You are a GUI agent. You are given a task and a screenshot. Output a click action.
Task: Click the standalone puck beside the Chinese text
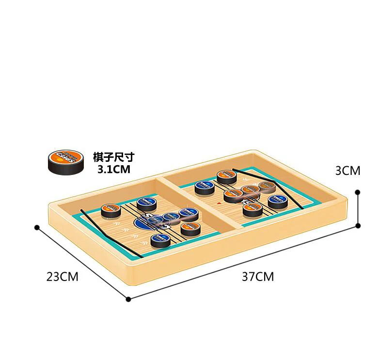coord(64,161)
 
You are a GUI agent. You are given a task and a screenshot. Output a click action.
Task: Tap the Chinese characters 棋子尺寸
coord(113,157)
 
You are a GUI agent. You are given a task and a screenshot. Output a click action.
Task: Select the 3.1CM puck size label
coord(114,169)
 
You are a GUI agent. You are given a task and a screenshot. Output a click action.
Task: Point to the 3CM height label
coord(347,171)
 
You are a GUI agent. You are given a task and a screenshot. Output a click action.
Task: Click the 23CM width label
coord(62,277)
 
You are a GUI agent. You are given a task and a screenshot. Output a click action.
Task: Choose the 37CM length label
coord(258,277)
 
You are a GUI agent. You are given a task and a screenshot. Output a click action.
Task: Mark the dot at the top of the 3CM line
coord(358,192)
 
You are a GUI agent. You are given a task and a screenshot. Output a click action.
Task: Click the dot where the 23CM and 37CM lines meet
coord(128,299)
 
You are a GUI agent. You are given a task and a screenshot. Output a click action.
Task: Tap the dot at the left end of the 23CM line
coord(36,227)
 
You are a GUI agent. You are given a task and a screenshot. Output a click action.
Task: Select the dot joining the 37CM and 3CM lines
coord(358,225)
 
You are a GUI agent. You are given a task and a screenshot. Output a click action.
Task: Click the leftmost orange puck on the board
coord(110,210)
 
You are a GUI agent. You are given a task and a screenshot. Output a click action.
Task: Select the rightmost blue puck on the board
coord(277,202)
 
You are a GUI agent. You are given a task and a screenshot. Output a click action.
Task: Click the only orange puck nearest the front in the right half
coord(252,209)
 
